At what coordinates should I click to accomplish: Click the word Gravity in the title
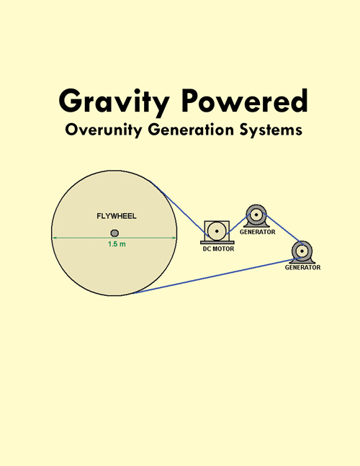[114, 102]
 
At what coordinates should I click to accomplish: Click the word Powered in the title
[245, 100]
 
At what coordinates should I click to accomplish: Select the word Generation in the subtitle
[191, 130]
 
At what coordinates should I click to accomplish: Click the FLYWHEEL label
[117, 216]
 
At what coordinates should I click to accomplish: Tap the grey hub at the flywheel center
[114, 233]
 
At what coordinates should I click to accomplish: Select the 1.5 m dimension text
[117, 244]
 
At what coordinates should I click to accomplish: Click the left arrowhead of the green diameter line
[54, 238]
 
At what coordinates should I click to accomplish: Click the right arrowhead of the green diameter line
[174, 238]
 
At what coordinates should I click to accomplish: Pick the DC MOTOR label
[218, 248]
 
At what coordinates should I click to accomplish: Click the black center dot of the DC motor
[217, 231]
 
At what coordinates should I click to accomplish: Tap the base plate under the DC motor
[217, 242]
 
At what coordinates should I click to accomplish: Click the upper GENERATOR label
[258, 232]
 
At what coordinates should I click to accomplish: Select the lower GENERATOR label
[302, 267]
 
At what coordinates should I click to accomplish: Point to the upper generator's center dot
[256, 215]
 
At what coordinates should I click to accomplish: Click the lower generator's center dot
[302, 251]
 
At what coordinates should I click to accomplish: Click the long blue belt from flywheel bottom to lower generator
[217, 276]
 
